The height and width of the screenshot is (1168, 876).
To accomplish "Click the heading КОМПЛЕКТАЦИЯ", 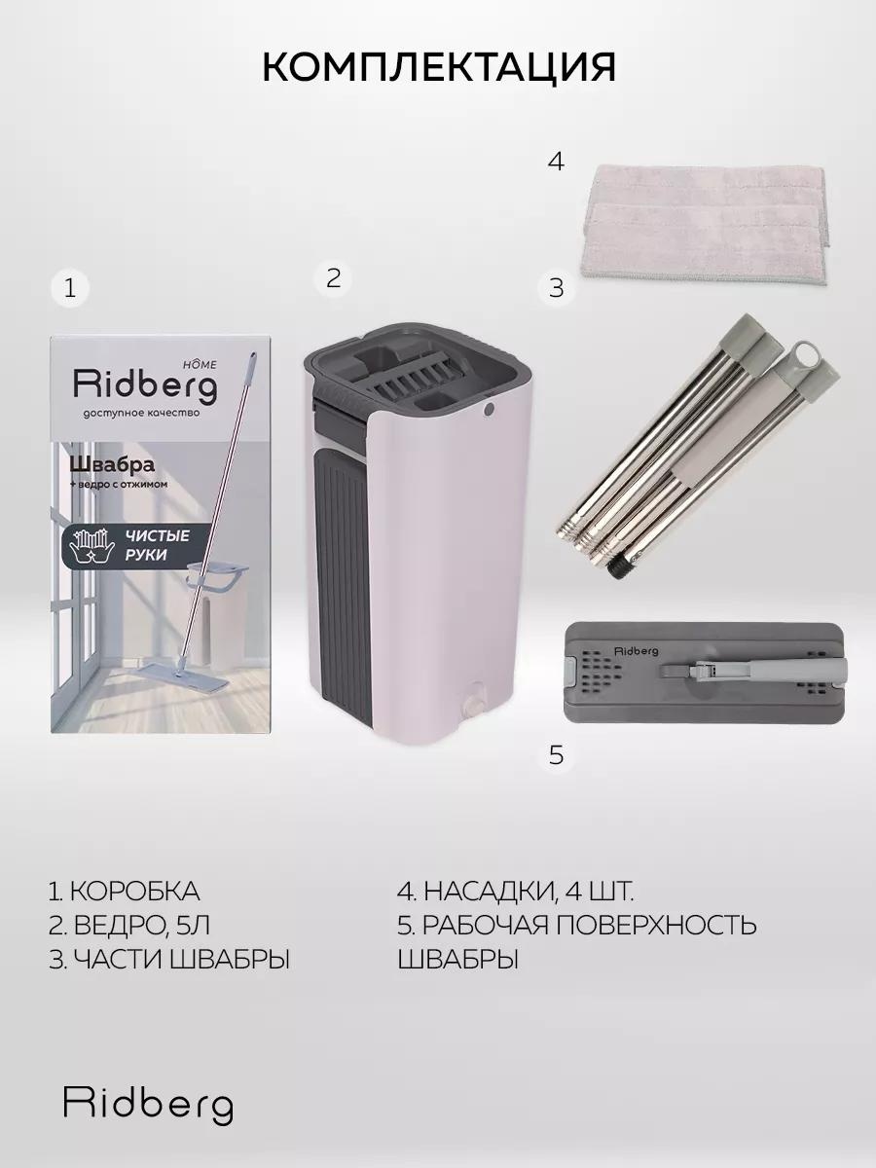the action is coord(439,68).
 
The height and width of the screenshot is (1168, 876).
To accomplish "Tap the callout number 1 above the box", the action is coord(70,288).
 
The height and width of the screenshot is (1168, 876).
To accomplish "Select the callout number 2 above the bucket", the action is coord(333,277).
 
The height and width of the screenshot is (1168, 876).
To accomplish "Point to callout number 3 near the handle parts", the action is coord(556,288).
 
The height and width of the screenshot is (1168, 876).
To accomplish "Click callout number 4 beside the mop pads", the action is coord(556,162).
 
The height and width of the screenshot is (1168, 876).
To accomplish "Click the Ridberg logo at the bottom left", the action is coord(148,1106).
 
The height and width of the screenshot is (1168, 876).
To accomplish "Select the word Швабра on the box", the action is coord(112,464).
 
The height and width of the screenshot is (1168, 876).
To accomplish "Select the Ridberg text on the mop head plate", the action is coord(637,651).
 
